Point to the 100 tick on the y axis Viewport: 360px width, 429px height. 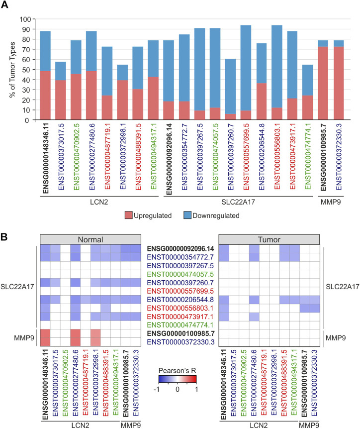(x=25, y=19)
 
